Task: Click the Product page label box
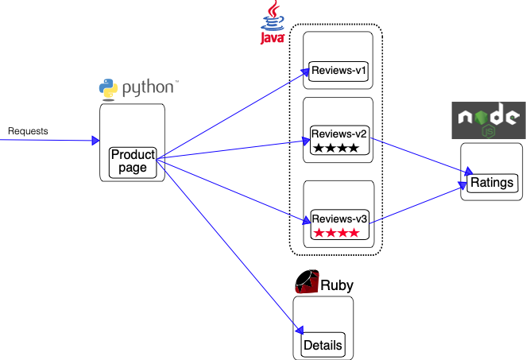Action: pyautogui.click(x=133, y=161)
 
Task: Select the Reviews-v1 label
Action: pyautogui.click(x=338, y=72)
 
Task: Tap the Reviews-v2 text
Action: pyautogui.click(x=339, y=133)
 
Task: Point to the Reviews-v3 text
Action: pyautogui.click(x=339, y=219)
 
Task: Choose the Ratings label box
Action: pyautogui.click(x=493, y=184)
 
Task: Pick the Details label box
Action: pyautogui.click(x=323, y=345)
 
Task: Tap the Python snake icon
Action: pyautogui.click(x=109, y=88)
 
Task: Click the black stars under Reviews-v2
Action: pyautogui.click(x=336, y=148)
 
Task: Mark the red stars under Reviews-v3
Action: pyautogui.click(x=336, y=233)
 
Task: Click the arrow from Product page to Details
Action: pyautogui.click(x=230, y=246)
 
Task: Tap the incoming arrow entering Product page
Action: pyautogui.click(x=48, y=141)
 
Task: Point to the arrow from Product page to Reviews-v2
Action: pyautogui.click(x=230, y=150)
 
